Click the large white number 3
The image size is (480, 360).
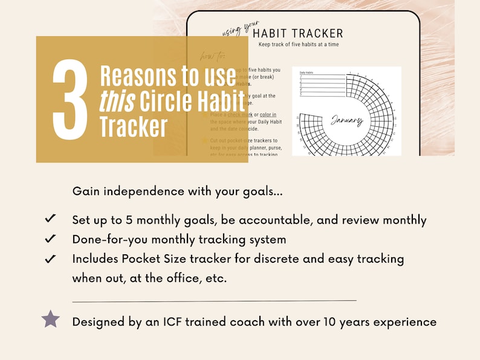click(70, 100)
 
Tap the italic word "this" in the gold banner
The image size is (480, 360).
click(117, 102)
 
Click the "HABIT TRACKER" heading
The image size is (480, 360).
click(298, 33)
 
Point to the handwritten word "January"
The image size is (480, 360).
click(346, 120)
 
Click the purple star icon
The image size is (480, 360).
click(51, 319)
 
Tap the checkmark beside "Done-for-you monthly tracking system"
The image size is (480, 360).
click(51, 239)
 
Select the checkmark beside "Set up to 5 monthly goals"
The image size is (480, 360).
click(51, 219)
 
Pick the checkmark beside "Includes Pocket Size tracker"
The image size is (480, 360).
click(51, 259)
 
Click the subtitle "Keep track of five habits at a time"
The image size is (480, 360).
click(298, 45)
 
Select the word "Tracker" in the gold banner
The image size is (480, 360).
click(134, 127)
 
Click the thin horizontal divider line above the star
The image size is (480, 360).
click(214, 300)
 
